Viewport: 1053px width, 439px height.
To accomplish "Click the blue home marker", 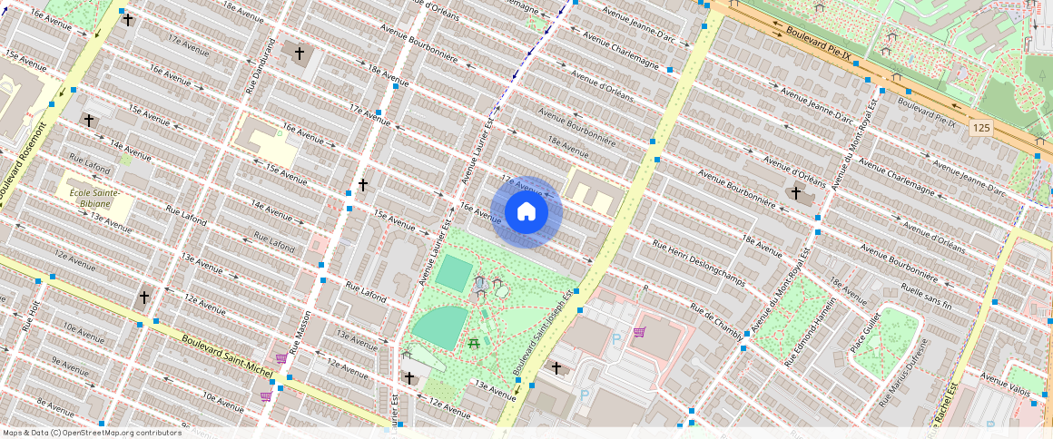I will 526,212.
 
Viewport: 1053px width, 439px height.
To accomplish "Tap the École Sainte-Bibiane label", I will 94,199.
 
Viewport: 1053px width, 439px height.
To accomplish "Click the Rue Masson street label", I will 300,332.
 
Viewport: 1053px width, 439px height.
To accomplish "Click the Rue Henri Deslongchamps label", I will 700,263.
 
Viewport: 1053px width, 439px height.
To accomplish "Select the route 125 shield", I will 980,128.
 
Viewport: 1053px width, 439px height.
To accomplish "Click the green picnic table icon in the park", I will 473,343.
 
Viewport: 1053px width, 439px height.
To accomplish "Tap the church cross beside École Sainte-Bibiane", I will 89,121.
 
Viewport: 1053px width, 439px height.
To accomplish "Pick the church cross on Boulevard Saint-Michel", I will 143,297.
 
